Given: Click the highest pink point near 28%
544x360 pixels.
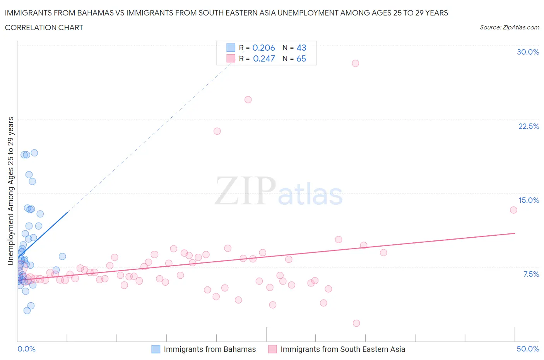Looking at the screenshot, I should coord(355,63).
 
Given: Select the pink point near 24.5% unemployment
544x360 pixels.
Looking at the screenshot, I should coord(248,100).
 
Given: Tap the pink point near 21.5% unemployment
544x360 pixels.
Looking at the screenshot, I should coord(217,131).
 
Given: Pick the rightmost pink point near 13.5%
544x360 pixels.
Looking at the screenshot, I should coord(513,210).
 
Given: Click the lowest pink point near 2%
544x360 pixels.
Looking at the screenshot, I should coord(356,323).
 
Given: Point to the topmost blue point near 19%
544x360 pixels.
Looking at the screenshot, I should coord(34,153).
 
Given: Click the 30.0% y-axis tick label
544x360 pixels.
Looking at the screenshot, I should coord(528,52).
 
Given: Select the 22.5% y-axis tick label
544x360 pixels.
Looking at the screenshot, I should coord(529,127).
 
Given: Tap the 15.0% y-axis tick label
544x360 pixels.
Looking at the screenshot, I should coord(529,201).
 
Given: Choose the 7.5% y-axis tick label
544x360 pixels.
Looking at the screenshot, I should coord(531,274).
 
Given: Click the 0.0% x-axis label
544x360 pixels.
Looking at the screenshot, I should coord(26,349).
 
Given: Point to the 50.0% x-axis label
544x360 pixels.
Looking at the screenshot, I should coord(528,349).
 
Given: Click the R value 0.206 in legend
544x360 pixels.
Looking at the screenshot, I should coord(263,48).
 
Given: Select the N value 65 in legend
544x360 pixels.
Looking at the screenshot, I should coord(301,59).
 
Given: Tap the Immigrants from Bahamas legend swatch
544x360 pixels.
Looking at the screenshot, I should coord(156,349).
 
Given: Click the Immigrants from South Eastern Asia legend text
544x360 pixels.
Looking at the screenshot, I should coord(342,349).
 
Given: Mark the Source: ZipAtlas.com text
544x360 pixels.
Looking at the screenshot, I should coord(509,27).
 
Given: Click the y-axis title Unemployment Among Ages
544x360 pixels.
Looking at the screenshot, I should coord(11,191).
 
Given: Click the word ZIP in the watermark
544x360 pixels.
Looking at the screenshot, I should coord(245,191).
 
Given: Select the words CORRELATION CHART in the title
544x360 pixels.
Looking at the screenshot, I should coord(44,28).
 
